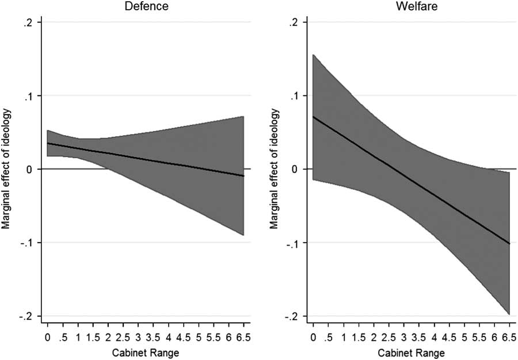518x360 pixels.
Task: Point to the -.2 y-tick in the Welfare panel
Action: (299, 316)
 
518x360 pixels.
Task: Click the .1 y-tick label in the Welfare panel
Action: (300, 95)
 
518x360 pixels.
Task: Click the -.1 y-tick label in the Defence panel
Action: (33, 243)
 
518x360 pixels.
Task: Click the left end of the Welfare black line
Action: (313, 117)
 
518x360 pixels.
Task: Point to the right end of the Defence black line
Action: (244, 175)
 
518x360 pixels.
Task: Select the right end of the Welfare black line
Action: (509, 243)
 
